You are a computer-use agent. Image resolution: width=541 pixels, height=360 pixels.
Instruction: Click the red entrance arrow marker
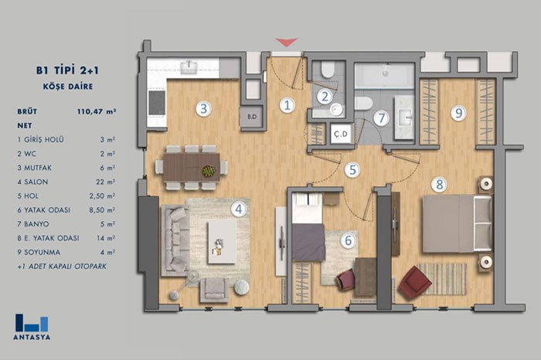click(x=287, y=42)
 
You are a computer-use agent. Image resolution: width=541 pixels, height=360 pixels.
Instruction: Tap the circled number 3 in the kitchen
click(x=203, y=109)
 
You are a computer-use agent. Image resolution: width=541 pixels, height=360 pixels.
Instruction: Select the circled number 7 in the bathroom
click(x=382, y=118)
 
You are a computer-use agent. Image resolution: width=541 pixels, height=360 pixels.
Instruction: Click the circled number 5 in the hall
click(x=352, y=170)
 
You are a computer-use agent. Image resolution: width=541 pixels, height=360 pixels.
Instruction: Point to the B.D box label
click(x=252, y=117)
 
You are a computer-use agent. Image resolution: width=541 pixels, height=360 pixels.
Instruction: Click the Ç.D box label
click(x=341, y=134)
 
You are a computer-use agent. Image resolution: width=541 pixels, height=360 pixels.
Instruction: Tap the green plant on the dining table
click(x=209, y=171)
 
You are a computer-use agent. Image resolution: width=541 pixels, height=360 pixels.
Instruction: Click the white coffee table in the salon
click(x=222, y=242)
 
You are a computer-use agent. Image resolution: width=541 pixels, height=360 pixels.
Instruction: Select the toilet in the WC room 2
click(x=327, y=69)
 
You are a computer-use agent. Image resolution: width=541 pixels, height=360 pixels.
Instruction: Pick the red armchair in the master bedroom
click(x=415, y=281)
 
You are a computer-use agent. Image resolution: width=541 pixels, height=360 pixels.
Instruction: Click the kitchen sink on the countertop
click(x=189, y=66)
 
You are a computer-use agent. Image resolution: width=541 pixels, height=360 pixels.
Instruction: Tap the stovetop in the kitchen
click(x=157, y=103)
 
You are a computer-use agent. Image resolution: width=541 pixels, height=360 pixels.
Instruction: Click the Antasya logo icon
click(x=32, y=323)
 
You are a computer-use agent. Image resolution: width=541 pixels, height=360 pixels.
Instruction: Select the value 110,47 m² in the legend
click(x=97, y=111)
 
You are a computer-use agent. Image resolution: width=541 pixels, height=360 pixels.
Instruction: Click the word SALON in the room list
click(x=36, y=182)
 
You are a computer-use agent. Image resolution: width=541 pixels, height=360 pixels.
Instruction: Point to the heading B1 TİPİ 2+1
click(x=68, y=70)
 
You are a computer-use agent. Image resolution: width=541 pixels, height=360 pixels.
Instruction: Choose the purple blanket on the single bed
click(x=308, y=242)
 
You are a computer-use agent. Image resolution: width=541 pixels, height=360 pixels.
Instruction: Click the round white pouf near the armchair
click(x=241, y=287)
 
